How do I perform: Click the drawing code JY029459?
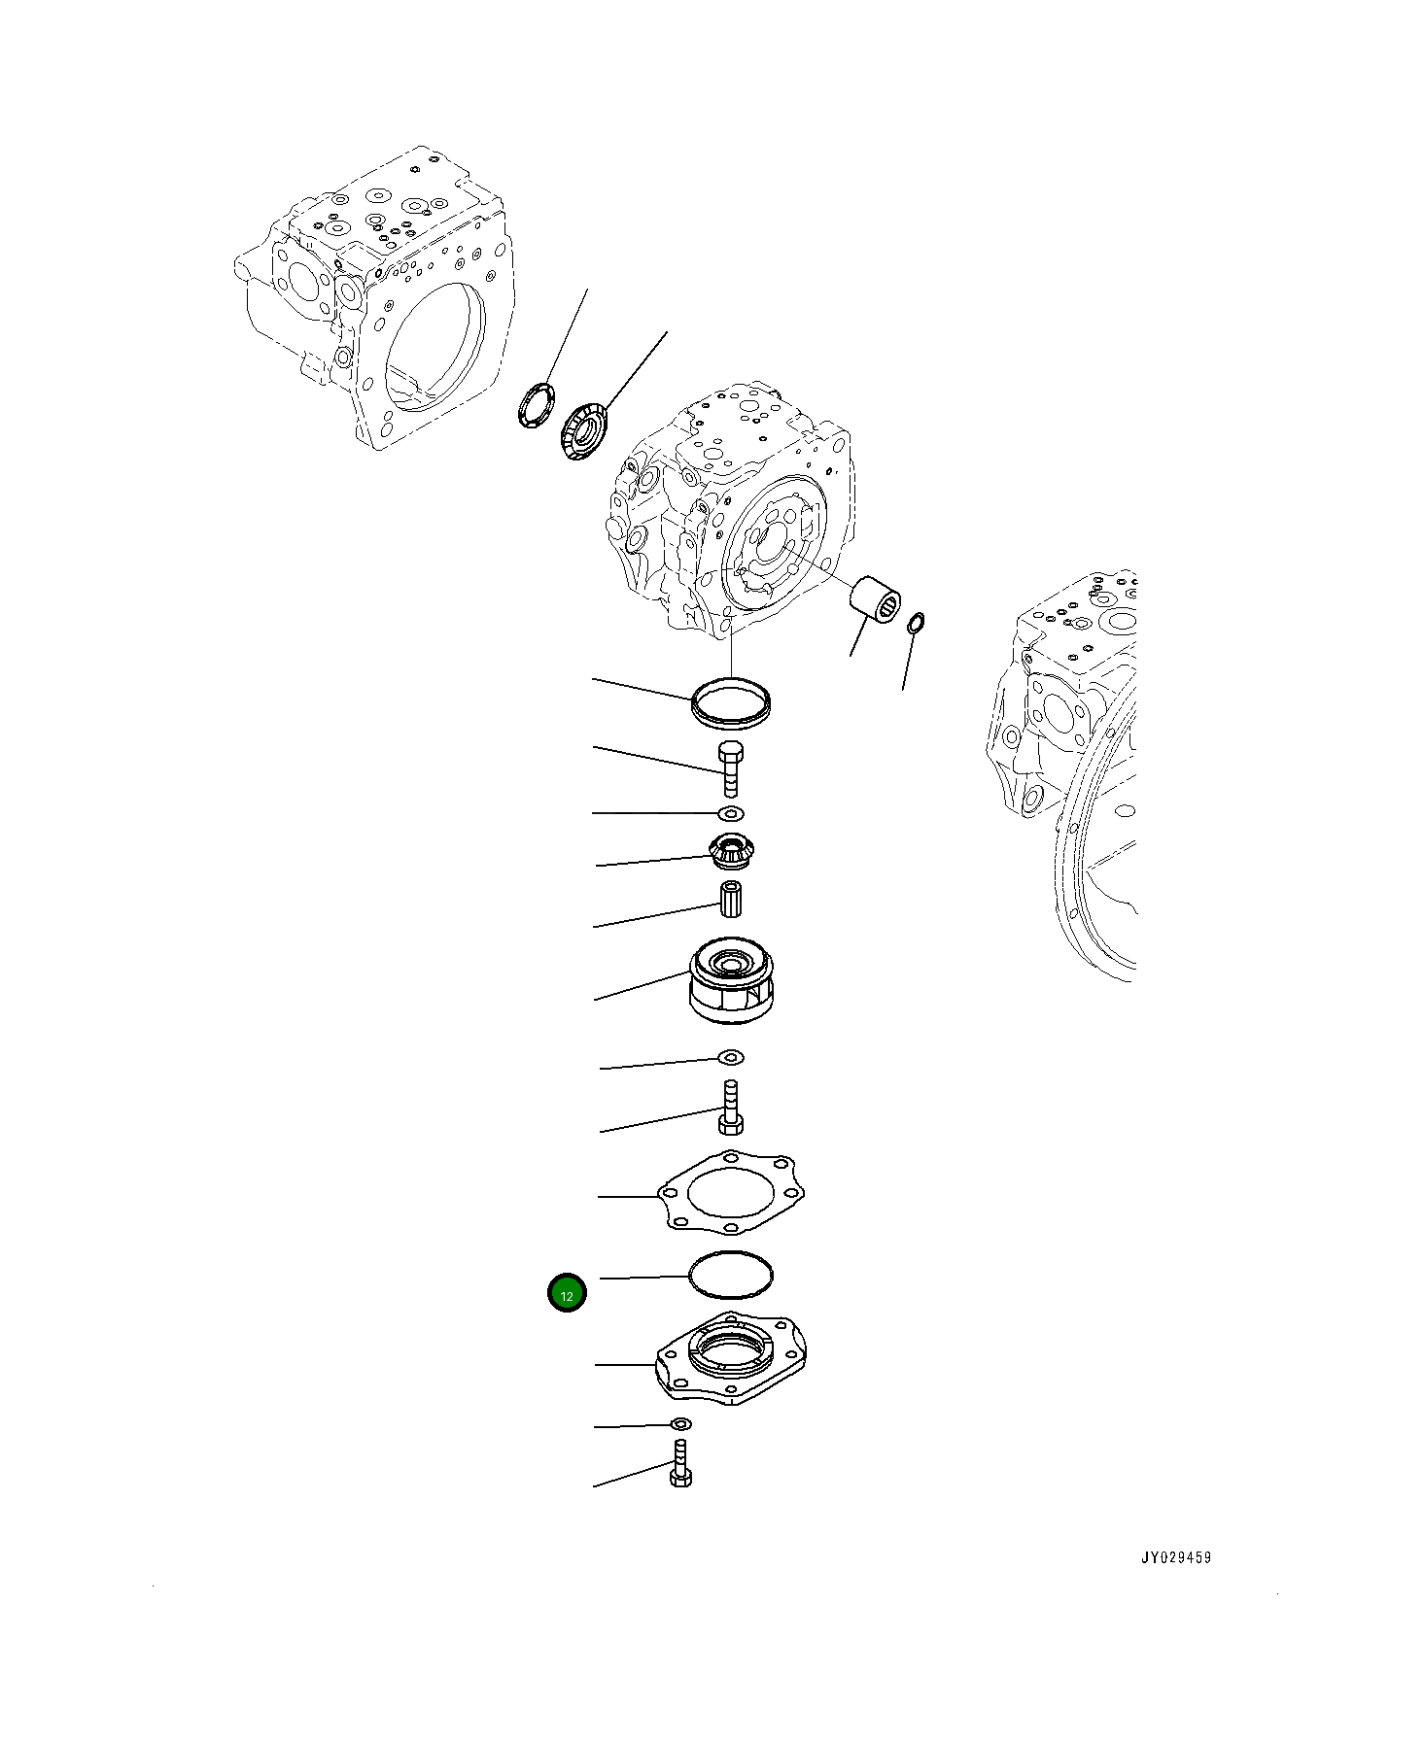[x=1176, y=1557]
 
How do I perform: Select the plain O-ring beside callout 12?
[x=730, y=1275]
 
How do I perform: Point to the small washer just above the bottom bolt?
[x=682, y=1423]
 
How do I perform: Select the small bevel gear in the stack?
[x=730, y=852]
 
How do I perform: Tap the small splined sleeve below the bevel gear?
[x=732, y=898]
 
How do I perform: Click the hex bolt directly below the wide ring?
[x=732, y=767]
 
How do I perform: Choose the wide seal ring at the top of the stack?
[x=731, y=702]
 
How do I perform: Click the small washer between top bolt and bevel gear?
[x=731, y=811]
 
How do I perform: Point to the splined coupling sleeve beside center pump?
[x=875, y=597]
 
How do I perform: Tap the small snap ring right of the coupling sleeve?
[x=916, y=624]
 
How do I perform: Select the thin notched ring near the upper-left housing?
[x=535, y=406]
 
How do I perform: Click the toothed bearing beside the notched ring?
[x=584, y=431]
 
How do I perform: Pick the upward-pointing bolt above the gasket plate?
[x=732, y=1108]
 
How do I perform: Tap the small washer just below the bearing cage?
[x=731, y=1056]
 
